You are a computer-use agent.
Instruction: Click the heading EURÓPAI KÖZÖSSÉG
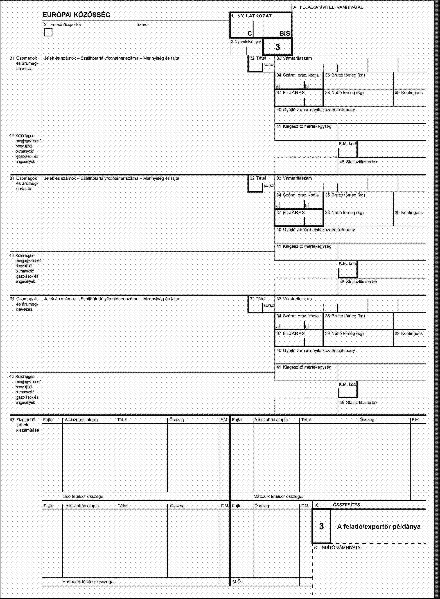click(77, 15)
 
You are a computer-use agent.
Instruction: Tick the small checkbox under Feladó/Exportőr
click(48, 32)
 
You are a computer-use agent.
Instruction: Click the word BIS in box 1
click(284, 34)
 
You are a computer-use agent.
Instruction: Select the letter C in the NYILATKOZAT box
click(249, 34)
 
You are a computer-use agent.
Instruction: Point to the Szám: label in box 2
click(142, 25)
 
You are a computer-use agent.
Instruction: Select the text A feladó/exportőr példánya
click(379, 527)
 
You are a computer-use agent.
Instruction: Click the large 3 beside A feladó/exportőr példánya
click(321, 526)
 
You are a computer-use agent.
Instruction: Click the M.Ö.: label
click(237, 589)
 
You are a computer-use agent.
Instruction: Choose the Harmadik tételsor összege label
click(88, 589)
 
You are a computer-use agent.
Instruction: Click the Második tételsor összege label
click(278, 496)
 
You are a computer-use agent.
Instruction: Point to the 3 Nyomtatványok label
click(246, 42)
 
